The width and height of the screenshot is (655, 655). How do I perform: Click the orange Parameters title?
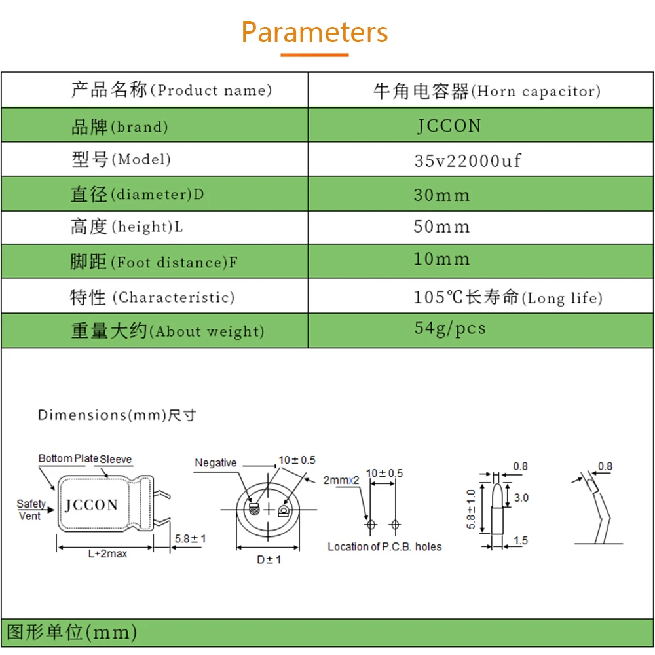tap(314, 32)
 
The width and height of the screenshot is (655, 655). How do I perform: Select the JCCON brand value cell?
tap(449, 126)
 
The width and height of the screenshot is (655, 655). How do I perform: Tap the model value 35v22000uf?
tap(468, 160)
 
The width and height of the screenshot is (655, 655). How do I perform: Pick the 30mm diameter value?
tap(442, 195)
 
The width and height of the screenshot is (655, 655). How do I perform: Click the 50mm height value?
tap(442, 227)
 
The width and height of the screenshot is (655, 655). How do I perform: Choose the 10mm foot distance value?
tap(442, 259)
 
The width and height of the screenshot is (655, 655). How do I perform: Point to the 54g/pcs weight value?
tap(450, 328)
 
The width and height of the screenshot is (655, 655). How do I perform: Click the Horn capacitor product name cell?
tap(487, 91)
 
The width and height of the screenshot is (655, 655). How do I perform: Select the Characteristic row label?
tap(152, 297)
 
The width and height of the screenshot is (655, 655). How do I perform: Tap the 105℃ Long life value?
tap(508, 297)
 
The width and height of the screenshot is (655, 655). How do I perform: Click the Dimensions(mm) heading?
tap(117, 415)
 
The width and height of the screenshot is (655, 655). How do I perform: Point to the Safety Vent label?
tap(31, 510)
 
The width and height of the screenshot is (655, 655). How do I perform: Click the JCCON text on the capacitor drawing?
tap(92, 505)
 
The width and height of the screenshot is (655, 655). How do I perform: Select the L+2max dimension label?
tap(107, 554)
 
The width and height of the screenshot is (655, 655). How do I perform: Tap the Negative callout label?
tap(215, 463)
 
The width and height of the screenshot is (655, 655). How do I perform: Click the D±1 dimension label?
tap(269, 560)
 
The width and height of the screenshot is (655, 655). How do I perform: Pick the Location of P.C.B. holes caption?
tap(384, 546)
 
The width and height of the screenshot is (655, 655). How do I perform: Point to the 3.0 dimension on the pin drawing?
tap(521, 498)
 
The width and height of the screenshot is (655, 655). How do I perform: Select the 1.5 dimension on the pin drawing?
tap(521, 540)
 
